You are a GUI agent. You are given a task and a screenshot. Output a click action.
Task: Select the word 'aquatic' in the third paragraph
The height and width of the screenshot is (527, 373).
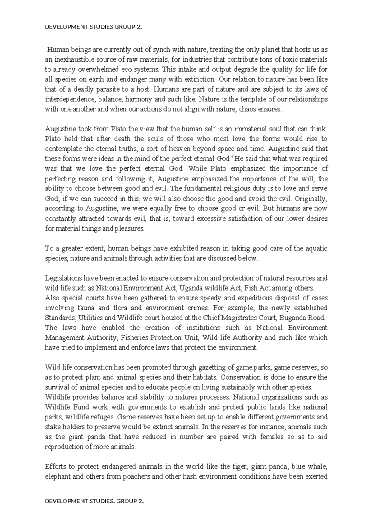(x=317, y=249)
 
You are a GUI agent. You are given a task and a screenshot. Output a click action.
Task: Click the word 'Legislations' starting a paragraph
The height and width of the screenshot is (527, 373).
(x=60, y=278)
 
